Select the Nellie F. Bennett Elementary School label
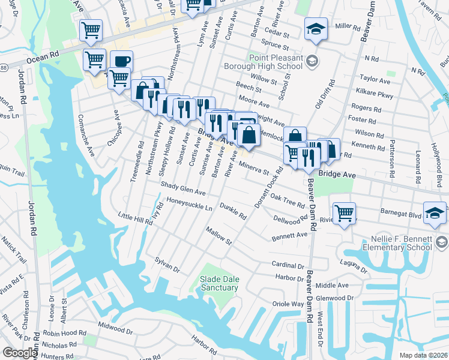point(397,243)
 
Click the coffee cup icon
point(121,61)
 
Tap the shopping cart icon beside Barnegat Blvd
point(344,212)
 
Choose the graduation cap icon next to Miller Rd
point(315,28)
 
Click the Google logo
point(20,353)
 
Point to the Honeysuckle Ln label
point(190,204)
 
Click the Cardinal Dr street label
point(288,265)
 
